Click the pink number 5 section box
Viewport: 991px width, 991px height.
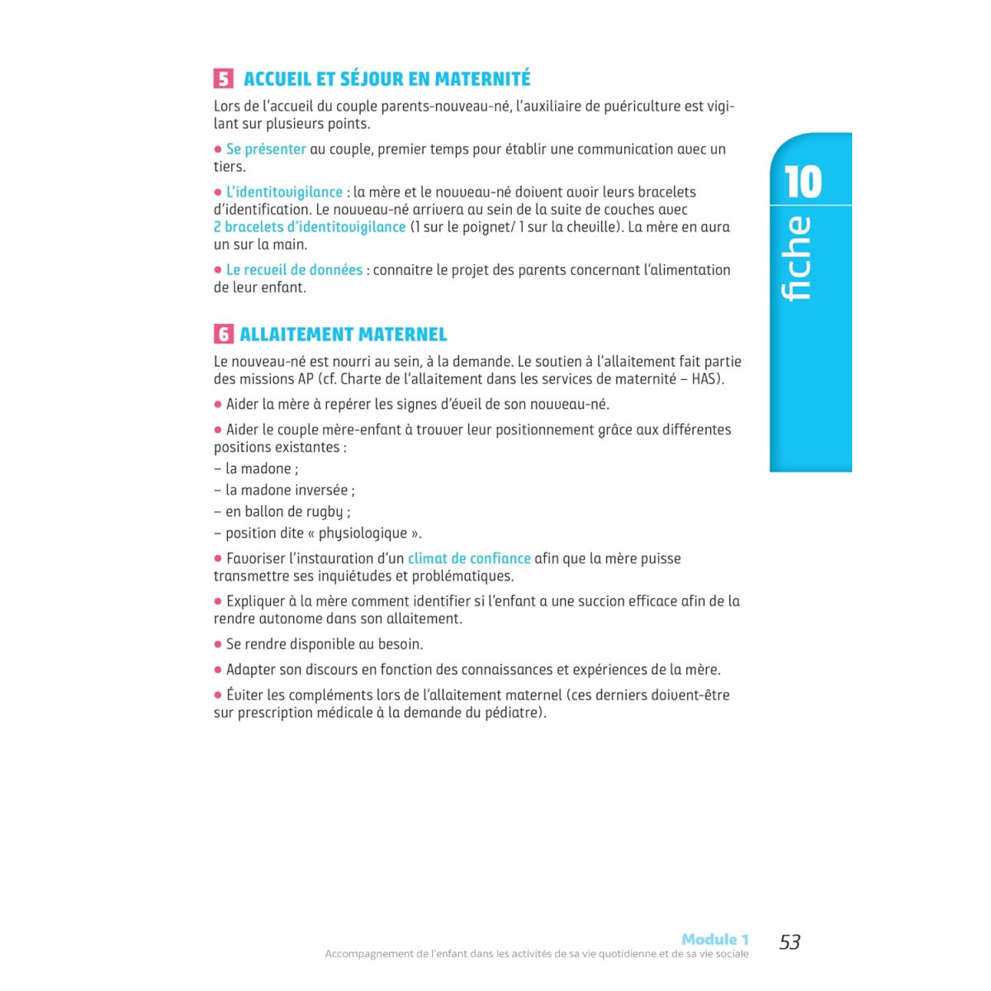[x=223, y=79]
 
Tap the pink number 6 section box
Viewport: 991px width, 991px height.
[x=223, y=334]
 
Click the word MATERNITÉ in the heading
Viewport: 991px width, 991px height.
[x=482, y=79]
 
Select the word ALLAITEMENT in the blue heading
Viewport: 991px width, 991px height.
[x=290, y=334]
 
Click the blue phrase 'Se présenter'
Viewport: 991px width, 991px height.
[x=266, y=149]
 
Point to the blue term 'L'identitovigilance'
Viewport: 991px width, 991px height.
[x=284, y=192]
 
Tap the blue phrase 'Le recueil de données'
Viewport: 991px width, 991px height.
[x=294, y=270]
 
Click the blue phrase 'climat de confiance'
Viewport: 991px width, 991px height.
[x=469, y=559]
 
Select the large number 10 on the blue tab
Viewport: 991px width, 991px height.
[x=803, y=183]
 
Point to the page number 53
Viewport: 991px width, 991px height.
[x=789, y=942]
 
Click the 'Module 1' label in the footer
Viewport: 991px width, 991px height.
[x=715, y=939]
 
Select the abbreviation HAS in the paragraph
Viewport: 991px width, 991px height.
[x=705, y=379]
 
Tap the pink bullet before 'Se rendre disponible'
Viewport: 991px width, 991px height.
[x=218, y=644]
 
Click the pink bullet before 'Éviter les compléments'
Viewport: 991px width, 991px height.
[x=218, y=695]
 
